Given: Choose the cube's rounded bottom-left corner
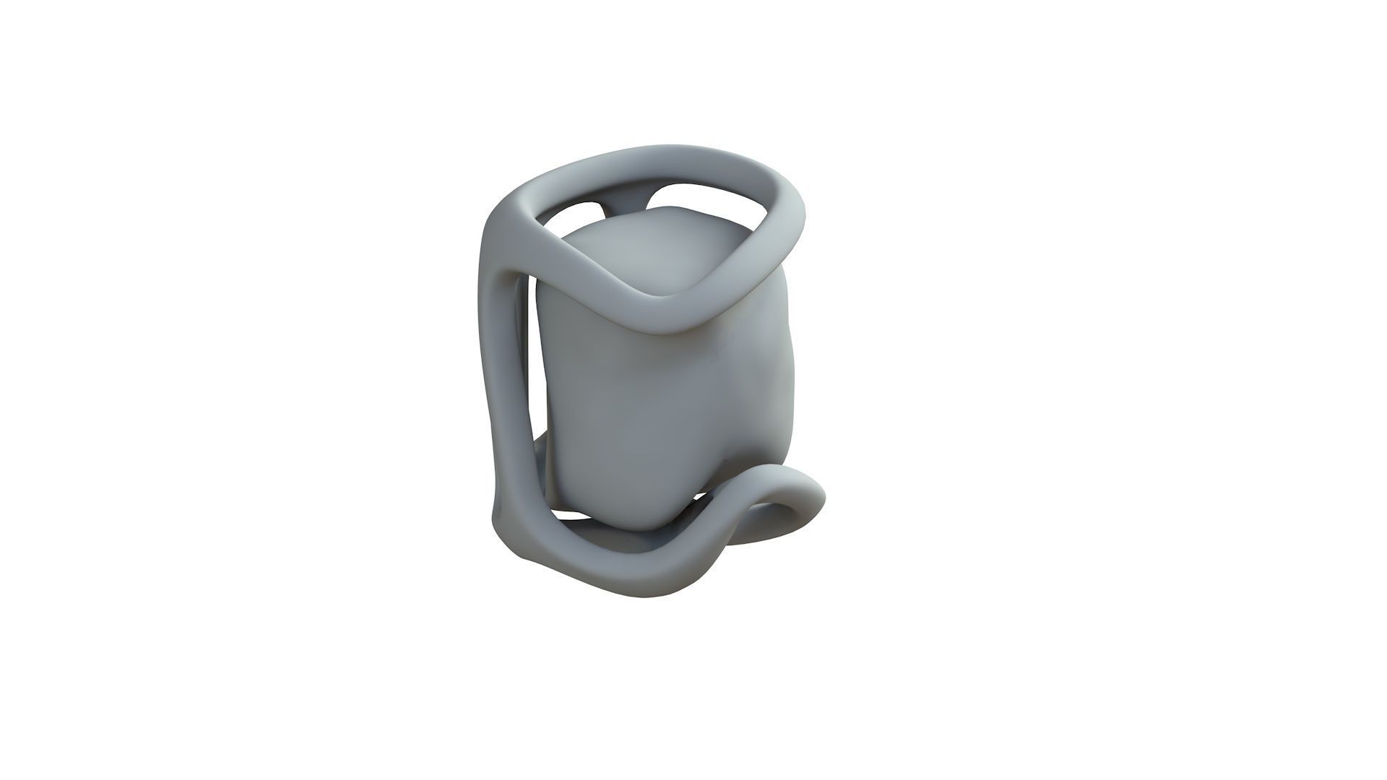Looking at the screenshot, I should click(571, 491).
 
